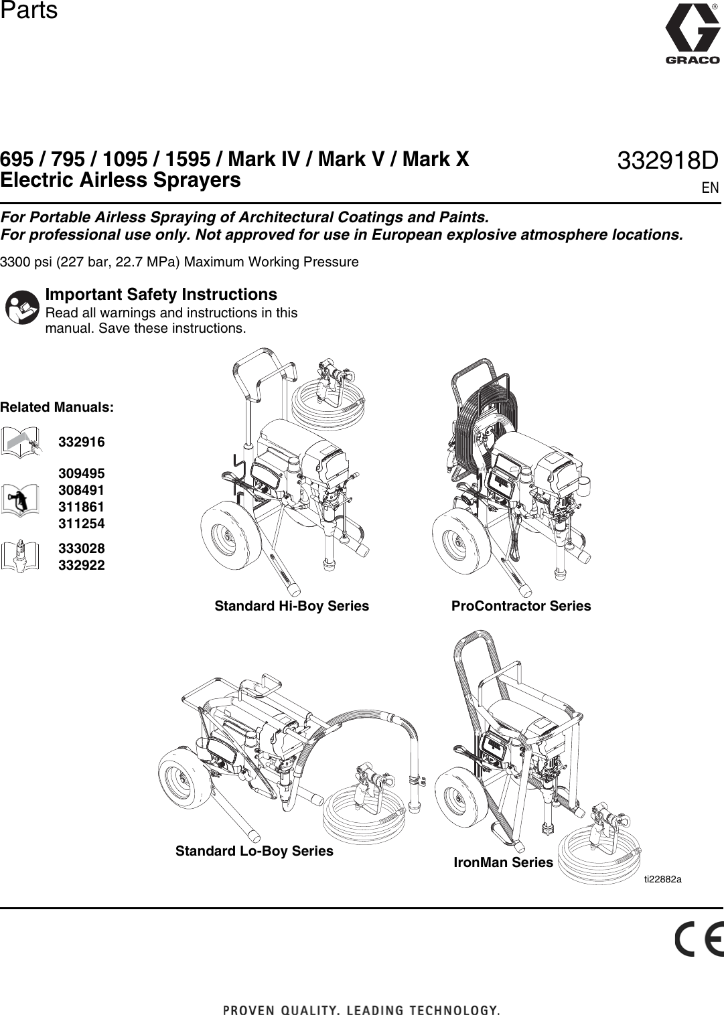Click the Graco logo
[692, 33]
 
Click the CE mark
[698, 939]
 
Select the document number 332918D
[667, 161]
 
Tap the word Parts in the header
[29, 11]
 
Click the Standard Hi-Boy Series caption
[291, 606]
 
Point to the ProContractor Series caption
[521, 606]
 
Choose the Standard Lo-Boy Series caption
[254, 851]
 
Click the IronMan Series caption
[503, 862]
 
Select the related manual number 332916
[82, 442]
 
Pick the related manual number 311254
[82, 524]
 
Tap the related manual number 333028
[82, 548]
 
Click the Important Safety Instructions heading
[161, 295]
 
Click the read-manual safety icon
[22, 307]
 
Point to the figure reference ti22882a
[662, 879]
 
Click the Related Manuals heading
[57, 407]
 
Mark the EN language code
[710, 187]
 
